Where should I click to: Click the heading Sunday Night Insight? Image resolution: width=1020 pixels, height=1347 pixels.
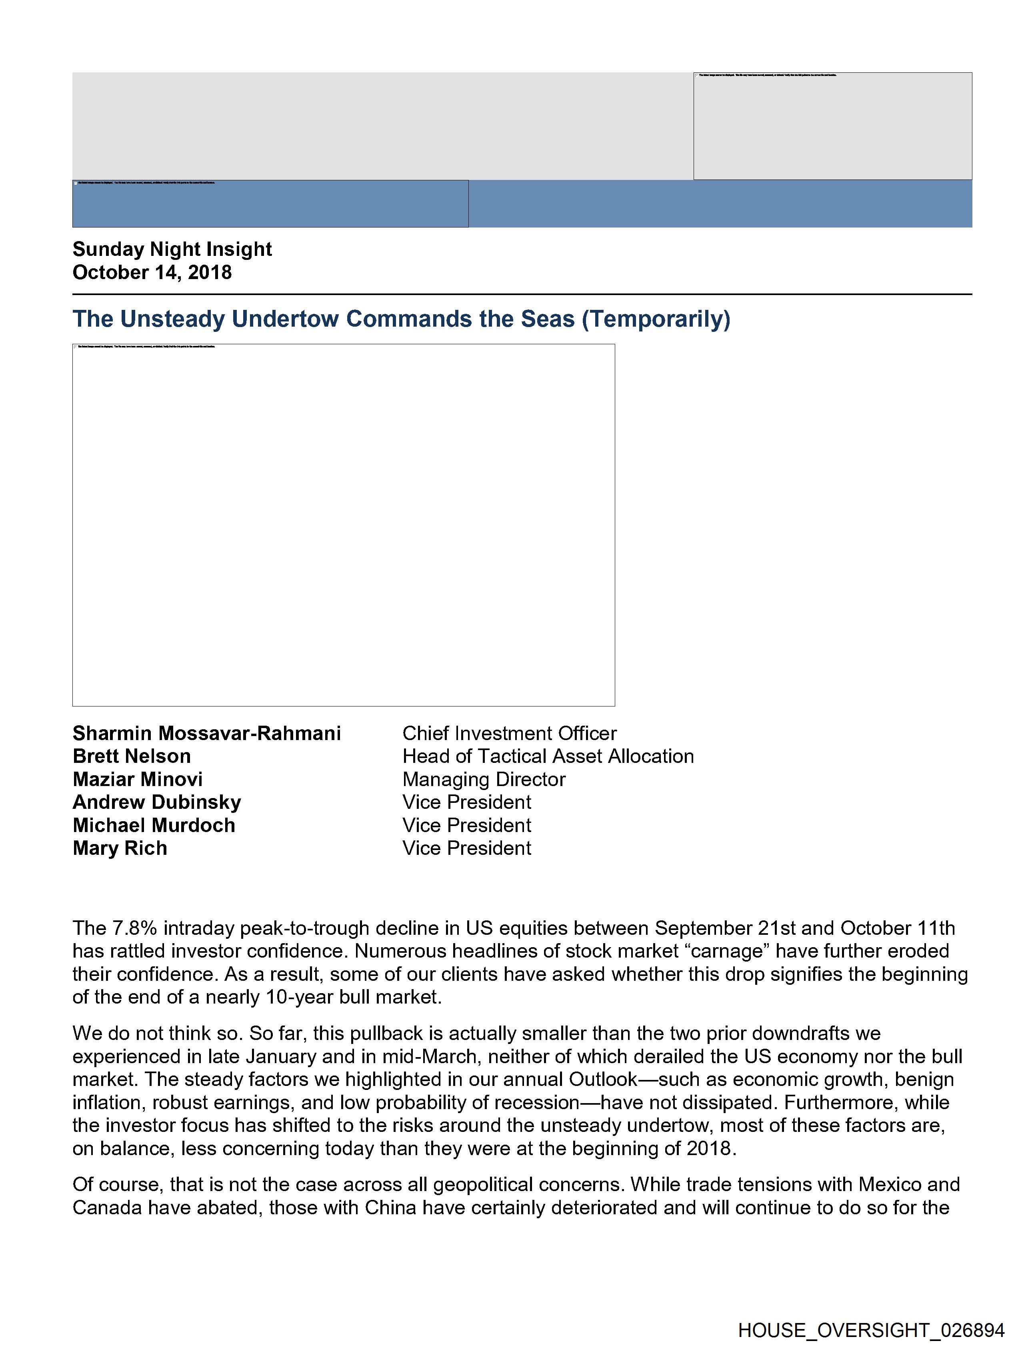(172, 249)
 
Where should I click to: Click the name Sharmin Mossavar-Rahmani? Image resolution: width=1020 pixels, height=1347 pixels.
(206, 733)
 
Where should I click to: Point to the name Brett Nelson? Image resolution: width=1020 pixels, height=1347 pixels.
(132, 756)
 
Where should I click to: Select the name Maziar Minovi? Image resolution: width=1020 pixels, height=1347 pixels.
(138, 780)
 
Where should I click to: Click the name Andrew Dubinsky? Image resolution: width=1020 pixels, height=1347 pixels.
(156, 802)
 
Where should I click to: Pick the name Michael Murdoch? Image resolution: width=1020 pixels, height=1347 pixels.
(154, 825)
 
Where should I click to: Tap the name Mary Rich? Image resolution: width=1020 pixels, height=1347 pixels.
(120, 848)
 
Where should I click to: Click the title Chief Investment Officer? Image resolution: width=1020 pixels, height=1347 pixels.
(509, 733)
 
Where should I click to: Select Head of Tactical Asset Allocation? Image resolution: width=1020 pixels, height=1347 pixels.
(548, 756)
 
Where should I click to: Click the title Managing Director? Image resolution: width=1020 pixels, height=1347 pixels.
(484, 780)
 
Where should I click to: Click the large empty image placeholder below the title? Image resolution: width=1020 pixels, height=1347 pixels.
(344, 525)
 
